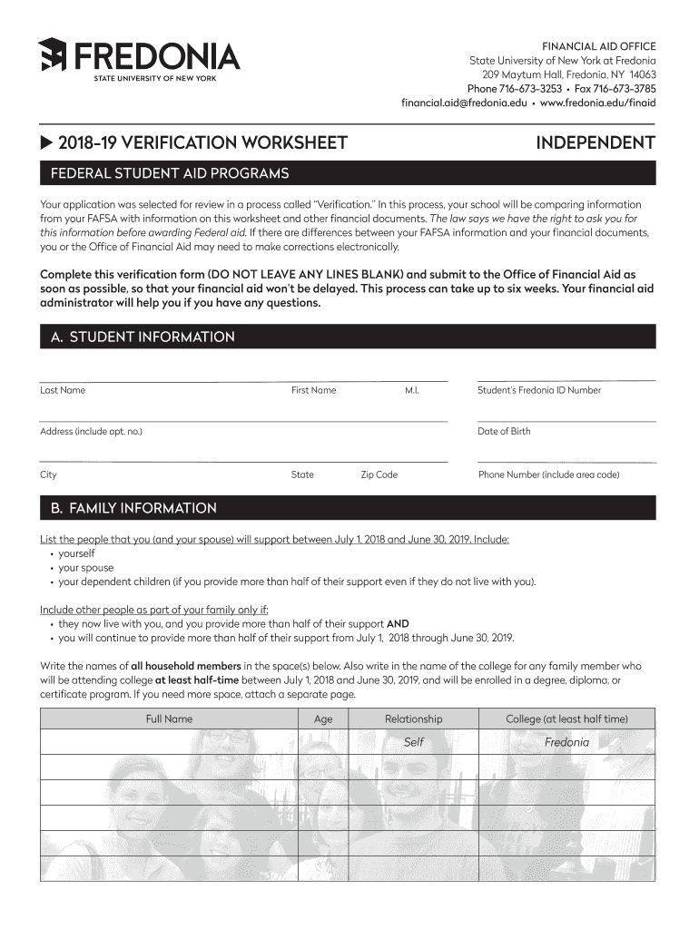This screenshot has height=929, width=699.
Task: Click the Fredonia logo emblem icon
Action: pos(52,57)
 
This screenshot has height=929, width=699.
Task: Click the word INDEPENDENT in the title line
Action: pos(595,142)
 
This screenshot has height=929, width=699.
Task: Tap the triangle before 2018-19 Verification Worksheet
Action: pos(46,142)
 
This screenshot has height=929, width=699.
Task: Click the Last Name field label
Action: pos(63,390)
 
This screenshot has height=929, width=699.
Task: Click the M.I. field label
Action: pos(411,390)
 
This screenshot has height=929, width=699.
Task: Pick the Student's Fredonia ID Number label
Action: pos(539,390)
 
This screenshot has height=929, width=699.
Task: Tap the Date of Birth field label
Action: pos(504,431)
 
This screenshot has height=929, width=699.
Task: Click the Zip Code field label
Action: pos(379,474)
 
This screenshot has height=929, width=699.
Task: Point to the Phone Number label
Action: pos(548,474)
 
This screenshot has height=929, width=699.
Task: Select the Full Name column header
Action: pos(169,719)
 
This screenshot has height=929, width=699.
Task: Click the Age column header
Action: pos(323,719)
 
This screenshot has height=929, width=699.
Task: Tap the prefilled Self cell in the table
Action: pos(413,742)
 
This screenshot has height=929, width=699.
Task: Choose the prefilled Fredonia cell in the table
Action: pos(566,742)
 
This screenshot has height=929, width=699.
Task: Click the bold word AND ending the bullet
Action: pos(398,624)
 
